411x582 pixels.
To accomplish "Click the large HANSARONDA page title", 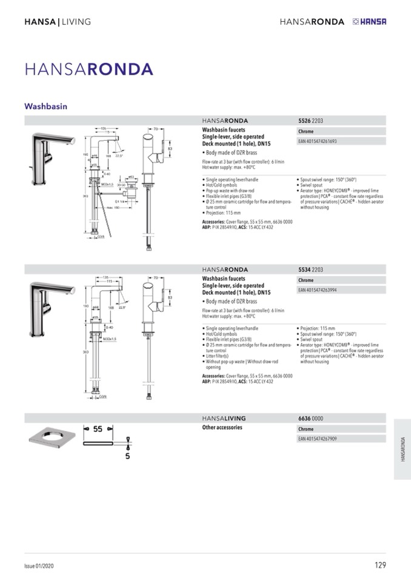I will click(89, 69).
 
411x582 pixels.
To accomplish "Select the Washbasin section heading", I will click(45, 106).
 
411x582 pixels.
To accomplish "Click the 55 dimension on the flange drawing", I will click(98, 428).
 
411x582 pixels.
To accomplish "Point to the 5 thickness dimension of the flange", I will click(127, 456).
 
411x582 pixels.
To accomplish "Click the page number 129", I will click(379, 566).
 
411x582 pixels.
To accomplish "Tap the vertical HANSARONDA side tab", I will click(403, 449).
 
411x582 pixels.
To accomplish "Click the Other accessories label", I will click(222, 427).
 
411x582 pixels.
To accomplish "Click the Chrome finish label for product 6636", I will click(306, 428).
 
